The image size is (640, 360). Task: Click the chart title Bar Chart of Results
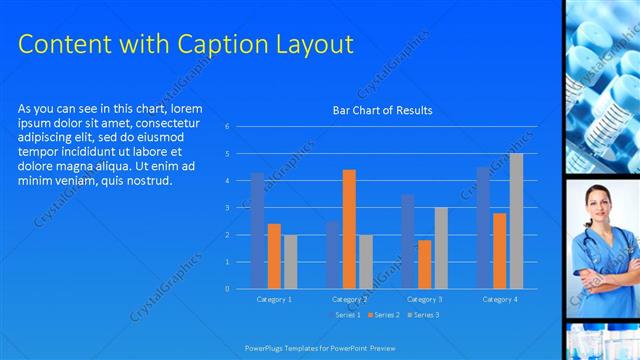click(382, 110)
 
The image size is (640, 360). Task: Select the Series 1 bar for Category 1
click(257, 230)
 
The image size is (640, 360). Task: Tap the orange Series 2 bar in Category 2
click(349, 229)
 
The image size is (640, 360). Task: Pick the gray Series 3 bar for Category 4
click(516, 221)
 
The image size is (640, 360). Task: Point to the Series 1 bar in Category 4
click(483, 228)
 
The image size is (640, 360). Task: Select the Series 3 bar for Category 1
click(290, 262)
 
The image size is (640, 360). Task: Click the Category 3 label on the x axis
click(424, 299)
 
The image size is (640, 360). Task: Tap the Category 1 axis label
click(273, 299)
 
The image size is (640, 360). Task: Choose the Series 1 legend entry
click(345, 315)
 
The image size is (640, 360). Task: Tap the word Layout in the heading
click(311, 44)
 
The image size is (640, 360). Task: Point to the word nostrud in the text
click(151, 180)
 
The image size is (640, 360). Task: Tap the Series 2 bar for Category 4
click(499, 251)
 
